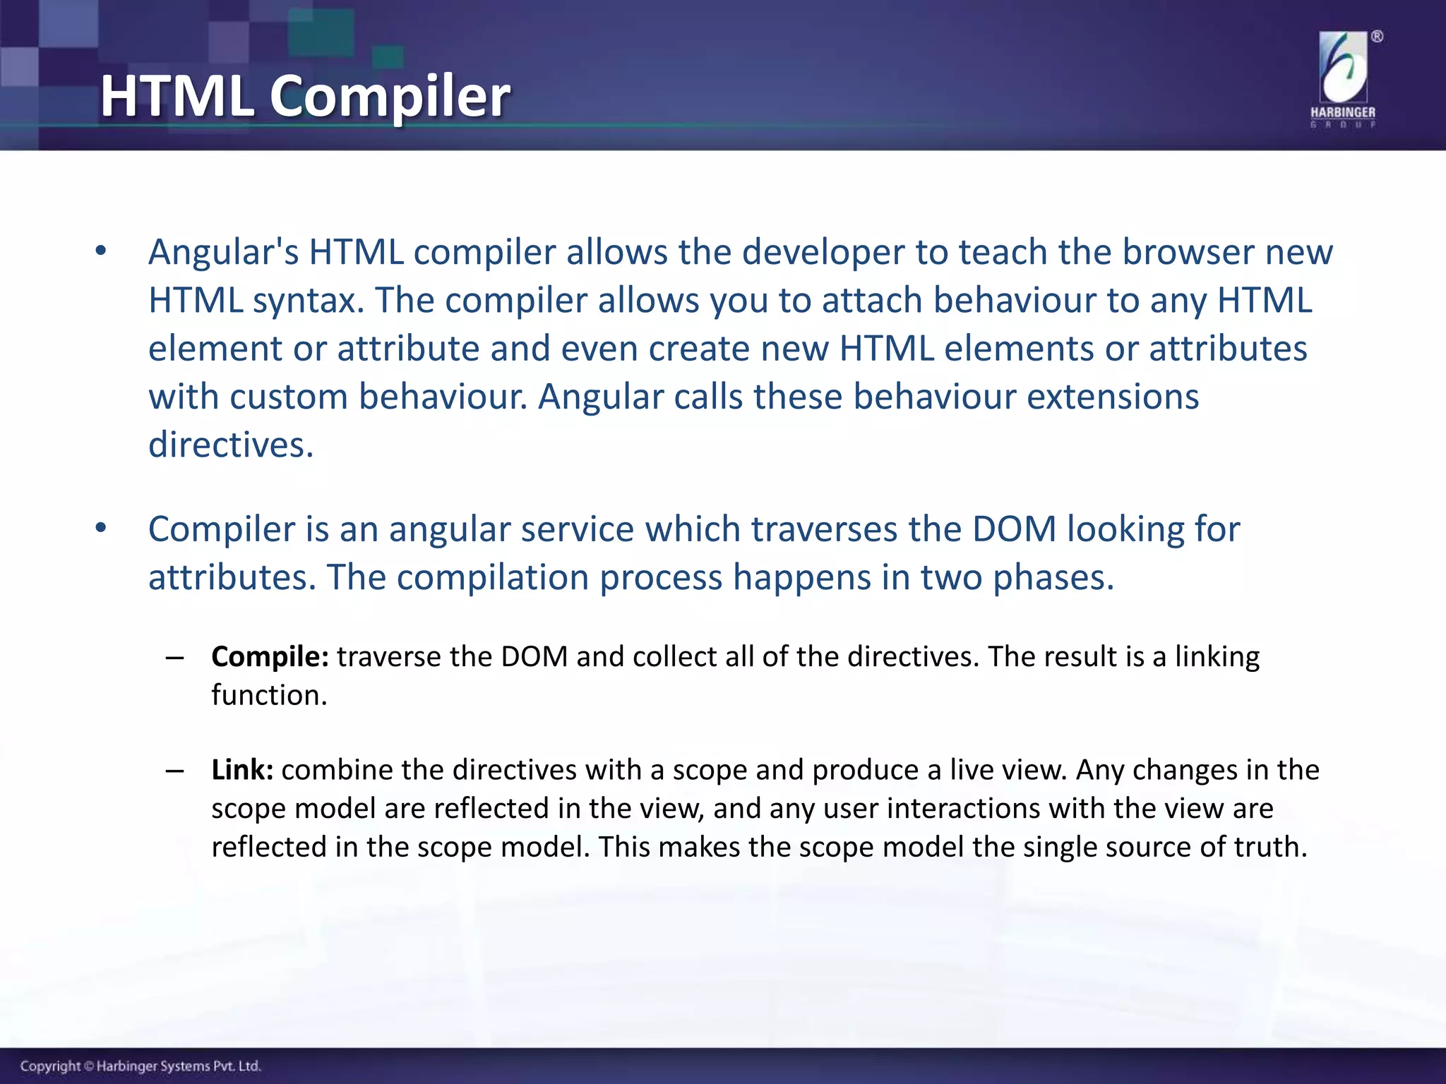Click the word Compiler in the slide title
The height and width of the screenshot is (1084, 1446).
(390, 97)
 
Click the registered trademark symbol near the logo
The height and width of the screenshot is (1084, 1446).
(1377, 37)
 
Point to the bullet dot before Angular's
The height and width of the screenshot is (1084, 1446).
(101, 251)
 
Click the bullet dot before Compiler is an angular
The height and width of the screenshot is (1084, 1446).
(101, 528)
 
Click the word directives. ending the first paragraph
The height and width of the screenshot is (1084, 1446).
(231, 445)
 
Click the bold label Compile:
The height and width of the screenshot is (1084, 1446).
(270, 657)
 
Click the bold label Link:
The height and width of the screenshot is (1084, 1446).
(242, 770)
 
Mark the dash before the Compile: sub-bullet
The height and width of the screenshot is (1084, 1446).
(174, 658)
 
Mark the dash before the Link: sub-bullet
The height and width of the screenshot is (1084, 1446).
(174, 771)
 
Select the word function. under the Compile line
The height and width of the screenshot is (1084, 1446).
(269, 695)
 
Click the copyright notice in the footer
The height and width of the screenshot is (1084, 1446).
(141, 1066)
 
